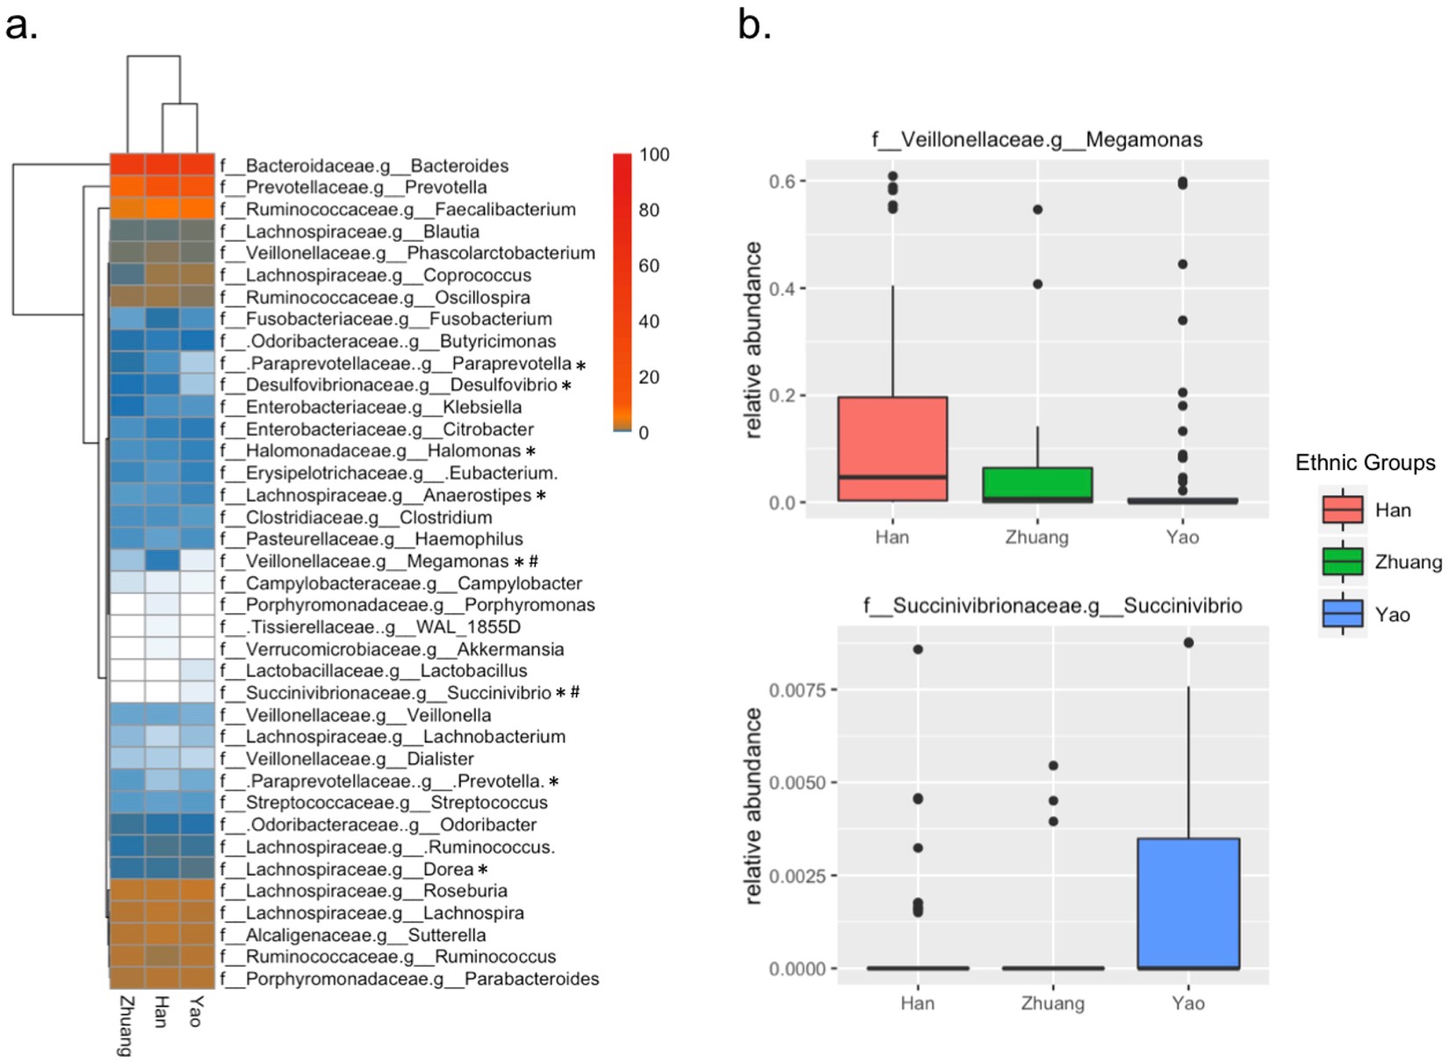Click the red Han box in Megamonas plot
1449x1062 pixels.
pos(892,448)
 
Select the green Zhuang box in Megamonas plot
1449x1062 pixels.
pos(1037,484)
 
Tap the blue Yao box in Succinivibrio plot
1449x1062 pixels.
pos(1187,903)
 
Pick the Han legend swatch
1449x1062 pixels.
pos(1342,509)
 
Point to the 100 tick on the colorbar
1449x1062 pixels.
pos(654,155)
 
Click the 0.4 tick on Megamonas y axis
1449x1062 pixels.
pos(783,289)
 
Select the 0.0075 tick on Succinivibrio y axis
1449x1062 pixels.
pos(797,690)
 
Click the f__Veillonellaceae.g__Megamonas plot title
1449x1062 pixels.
pos(1037,140)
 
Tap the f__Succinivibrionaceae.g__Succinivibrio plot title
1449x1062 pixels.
pos(1052,605)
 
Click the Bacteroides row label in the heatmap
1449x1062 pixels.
pos(364,165)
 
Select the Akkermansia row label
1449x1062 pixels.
pos(392,649)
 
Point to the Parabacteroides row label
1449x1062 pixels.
pos(409,979)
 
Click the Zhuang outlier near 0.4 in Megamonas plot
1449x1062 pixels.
pos(1037,285)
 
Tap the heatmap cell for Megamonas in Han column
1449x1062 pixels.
pos(162,560)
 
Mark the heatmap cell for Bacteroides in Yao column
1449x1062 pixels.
pos(197,165)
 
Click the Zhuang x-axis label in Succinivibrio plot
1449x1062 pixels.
pos(1052,1003)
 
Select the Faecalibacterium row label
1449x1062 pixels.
pos(398,209)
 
